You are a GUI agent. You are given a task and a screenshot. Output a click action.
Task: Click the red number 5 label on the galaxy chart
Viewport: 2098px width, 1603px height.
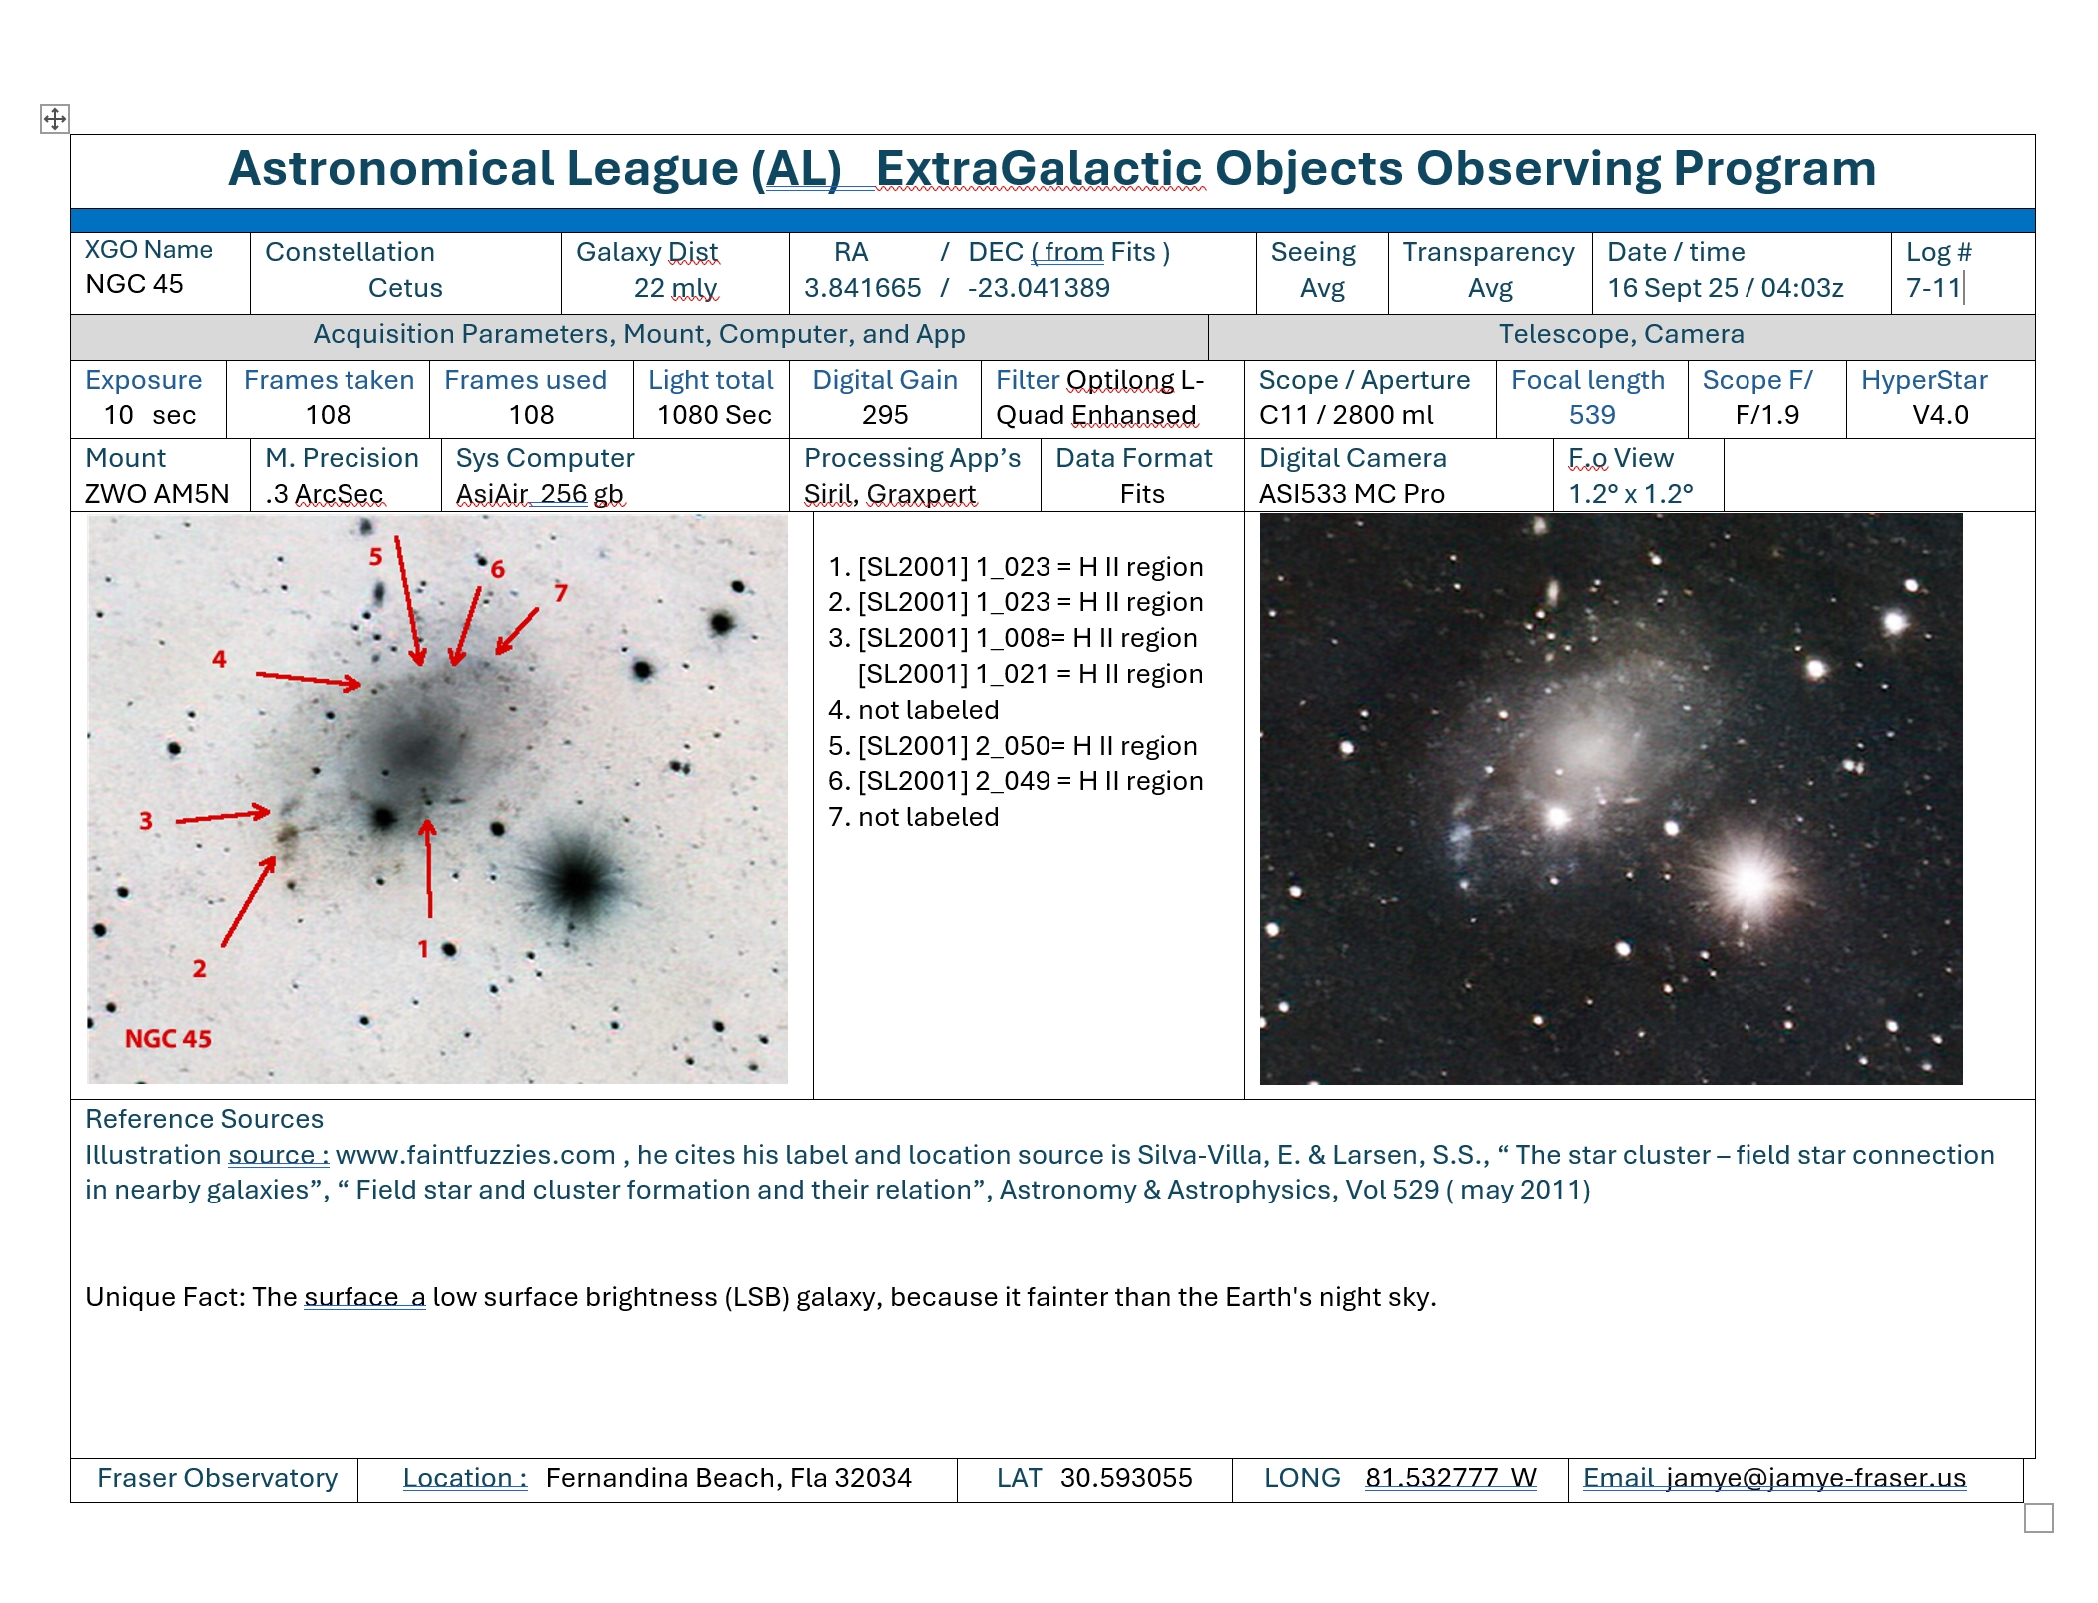[375, 556]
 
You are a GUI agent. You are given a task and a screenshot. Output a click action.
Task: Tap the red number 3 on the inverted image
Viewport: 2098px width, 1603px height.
[146, 821]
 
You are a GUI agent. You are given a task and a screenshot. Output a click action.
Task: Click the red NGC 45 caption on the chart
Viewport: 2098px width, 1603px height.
[168, 1039]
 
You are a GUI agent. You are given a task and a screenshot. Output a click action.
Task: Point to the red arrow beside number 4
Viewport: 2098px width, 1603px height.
[309, 680]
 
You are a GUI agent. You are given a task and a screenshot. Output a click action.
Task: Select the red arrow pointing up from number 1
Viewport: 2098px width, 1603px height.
[429, 867]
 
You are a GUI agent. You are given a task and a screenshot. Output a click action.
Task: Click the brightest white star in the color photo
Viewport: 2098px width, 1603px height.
[1750, 880]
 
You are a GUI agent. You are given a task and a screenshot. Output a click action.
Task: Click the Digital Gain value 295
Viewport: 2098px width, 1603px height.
[885, 415]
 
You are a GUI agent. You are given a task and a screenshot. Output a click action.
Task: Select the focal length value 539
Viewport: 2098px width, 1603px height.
[1592, 415]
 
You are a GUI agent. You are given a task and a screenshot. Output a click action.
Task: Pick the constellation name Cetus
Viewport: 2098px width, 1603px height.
[405, 288]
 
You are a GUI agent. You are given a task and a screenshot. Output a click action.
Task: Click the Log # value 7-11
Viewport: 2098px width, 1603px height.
[1934, 288]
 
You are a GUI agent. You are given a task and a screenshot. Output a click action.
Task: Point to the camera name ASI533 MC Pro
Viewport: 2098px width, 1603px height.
[1352, 494]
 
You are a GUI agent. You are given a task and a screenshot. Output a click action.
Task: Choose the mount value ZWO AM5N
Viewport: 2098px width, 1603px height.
[157, 494]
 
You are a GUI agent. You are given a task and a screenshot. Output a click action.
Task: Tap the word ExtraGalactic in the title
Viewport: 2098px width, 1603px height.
[1041, 169]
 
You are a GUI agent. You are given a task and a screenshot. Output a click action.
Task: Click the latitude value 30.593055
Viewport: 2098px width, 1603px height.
[1126, 1478]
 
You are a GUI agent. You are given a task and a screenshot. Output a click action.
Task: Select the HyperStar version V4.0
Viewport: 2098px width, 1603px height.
[1940, 415]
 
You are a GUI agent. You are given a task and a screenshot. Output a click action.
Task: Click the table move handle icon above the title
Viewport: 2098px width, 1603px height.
[55, 119]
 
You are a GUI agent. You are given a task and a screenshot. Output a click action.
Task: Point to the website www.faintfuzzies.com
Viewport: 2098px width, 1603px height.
[475, 1155]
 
